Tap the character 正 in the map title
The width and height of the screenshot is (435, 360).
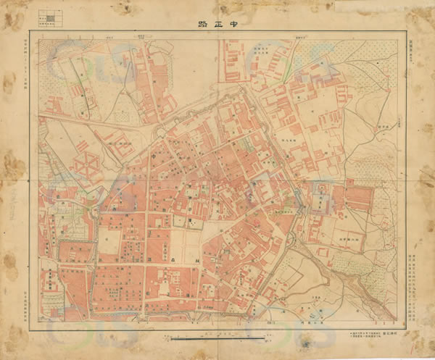tap(217, 23)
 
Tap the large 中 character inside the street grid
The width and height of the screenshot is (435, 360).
tap(154, 154)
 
